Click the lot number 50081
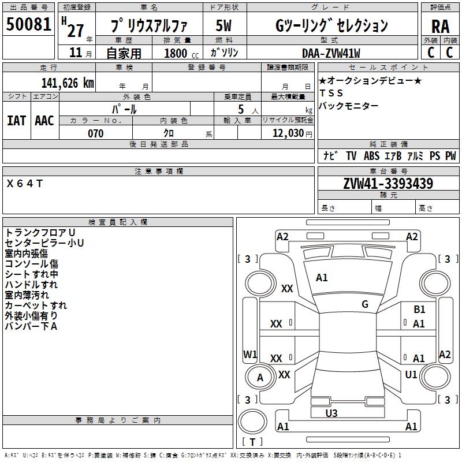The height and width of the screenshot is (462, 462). (x=28, y=24)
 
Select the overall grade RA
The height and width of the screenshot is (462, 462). (x=440, y=27)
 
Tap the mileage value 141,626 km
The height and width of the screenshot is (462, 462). (x=68, y=83)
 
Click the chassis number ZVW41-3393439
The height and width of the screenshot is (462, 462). (x=388, y=184)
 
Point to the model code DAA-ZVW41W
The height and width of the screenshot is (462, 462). (x=331, y=53)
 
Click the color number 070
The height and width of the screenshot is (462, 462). (x=95, y=133)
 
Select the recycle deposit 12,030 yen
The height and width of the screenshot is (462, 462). (x=292, y=133)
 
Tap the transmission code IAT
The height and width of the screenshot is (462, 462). (x=16, y=121)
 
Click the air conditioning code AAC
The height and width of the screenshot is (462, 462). (x=44, y=121)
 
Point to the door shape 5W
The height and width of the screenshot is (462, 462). (x=223, y=25)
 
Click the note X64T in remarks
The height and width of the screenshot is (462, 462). (x=25, y=184)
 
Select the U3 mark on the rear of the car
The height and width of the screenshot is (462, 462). (x=331, y=413)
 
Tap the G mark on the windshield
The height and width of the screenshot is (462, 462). (x=365, y=304)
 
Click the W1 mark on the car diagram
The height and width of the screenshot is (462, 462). (x=250, y=354)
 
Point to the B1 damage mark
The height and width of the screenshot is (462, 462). (x=419, y=310)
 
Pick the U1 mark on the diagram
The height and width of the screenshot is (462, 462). (x=411, y=374)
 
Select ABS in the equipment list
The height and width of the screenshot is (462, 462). (x=371, y=156)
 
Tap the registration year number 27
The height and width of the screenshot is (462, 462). (x=76, y=31)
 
